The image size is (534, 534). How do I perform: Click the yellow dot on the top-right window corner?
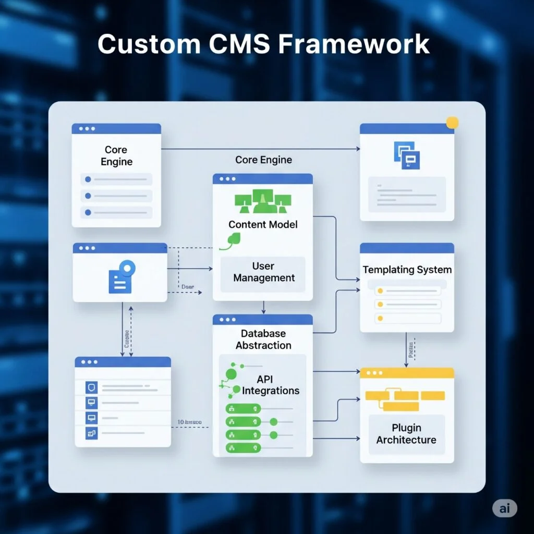pos(452,123)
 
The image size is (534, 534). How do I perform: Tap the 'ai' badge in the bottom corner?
pos(504,508)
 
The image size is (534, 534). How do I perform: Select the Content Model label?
pos(263,225)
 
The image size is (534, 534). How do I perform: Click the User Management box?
pos(263,272)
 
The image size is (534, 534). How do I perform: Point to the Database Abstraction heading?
pos(263,339)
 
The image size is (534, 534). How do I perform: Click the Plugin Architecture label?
pos(406,433)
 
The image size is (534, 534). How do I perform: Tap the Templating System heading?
pos(407,270)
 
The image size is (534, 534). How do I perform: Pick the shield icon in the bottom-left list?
pos(91,387)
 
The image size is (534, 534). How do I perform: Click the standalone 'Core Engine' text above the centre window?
pos(263,160)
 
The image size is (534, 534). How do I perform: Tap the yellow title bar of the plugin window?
pos(407,373)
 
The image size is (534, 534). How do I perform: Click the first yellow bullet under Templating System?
pos(380,290)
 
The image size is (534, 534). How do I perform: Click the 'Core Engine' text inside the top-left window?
pos(116,155)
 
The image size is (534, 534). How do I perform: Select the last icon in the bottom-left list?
pos(91,433)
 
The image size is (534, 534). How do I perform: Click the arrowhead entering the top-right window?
pos(358,149)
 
